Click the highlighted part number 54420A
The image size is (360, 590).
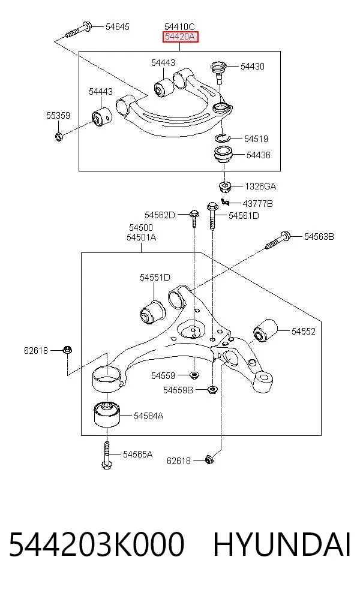coord(180,37)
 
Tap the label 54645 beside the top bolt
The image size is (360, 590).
coord(117,27)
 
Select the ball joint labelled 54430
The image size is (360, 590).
coord(218,71)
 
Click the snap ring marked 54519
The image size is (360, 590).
coord(222,138)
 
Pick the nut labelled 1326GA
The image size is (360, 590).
coord(225,186)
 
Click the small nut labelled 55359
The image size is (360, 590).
coord(59,136)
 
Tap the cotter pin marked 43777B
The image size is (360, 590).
coord(225,202)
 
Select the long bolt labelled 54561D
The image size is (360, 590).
coord(212,216)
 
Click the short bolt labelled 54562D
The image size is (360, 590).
coord(194,218)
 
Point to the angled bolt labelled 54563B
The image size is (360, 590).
coord(278,240)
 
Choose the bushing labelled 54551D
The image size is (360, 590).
coord(152,311)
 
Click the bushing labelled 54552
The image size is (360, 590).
coord(265,330)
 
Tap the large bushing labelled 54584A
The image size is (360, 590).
coord(107,414)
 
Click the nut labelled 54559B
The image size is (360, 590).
coord(212,390)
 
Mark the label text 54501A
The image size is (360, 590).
coord(141,237)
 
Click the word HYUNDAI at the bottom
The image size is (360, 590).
coord(282,544)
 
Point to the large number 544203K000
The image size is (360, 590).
coord(97,544)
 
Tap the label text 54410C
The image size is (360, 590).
coord(179,27)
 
